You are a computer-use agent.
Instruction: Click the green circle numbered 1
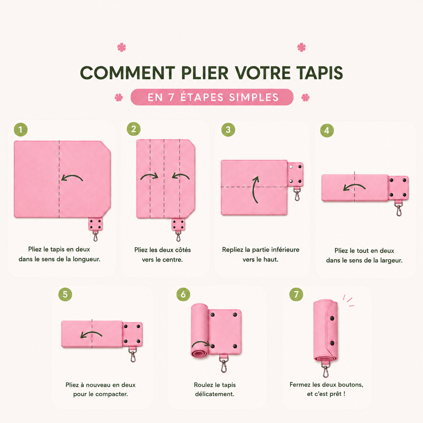coord(21,130)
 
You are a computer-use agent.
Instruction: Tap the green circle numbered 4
coord(327,131)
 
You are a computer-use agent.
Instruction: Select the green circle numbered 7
coord(296,294)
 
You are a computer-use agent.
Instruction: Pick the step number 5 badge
coord(65,294)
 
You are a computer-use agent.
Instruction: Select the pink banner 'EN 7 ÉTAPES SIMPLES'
coord(212,97)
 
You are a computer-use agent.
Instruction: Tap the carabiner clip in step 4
coord(398,208)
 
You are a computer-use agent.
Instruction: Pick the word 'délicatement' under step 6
coord(215,394)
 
